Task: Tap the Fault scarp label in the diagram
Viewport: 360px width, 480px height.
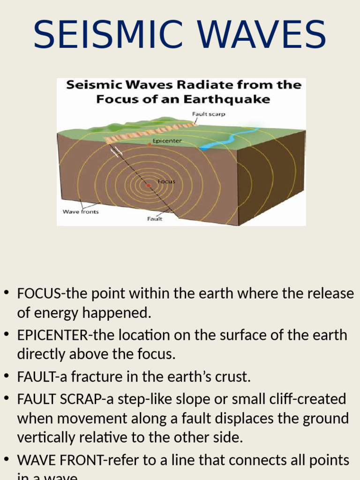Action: click(209, 114)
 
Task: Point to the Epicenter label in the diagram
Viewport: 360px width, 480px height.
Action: click(167, 140)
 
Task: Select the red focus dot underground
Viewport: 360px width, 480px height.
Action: click(149, 186)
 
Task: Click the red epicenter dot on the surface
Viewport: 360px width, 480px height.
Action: click(150, 144)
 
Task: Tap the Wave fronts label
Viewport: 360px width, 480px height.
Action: click(81, 211)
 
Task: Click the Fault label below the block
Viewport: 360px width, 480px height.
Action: click(155, 219)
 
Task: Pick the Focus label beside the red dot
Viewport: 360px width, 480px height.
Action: click(166, 181)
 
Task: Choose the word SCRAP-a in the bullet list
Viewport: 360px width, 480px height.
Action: click(79, 399)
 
